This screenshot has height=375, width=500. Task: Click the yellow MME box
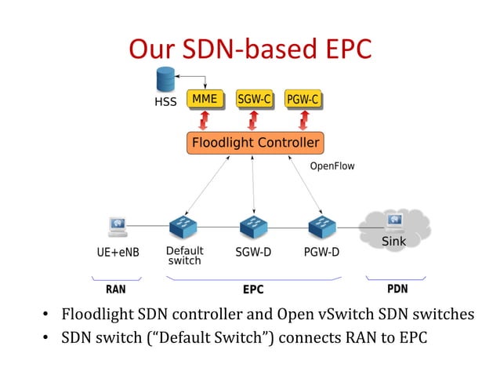(x=205, y=100)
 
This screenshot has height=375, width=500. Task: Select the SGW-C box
(x=253, y=100)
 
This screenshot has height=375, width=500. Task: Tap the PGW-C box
(x=303, y=100)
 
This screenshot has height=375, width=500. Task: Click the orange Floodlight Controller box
(x=255, y=143)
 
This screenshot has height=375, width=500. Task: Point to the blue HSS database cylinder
(x=165, y=78)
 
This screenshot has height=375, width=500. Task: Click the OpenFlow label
(x=332, y=166)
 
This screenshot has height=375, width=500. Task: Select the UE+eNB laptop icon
(x=117, y=227)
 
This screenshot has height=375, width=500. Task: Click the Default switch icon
(x=183, y=227)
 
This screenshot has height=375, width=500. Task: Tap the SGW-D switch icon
(x=253, y=227)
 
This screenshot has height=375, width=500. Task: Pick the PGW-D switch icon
(x=321, y=227)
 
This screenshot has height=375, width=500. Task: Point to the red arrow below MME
(x=205, y=121)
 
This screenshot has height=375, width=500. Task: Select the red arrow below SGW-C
(x=253, y=121)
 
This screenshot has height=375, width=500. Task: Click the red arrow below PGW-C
(x=303, y=121)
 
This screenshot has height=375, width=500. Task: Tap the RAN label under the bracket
(x=115, y=289)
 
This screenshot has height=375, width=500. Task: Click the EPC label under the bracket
(x=253, y=289)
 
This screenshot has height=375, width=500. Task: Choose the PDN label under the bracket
(x=397, y=289)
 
